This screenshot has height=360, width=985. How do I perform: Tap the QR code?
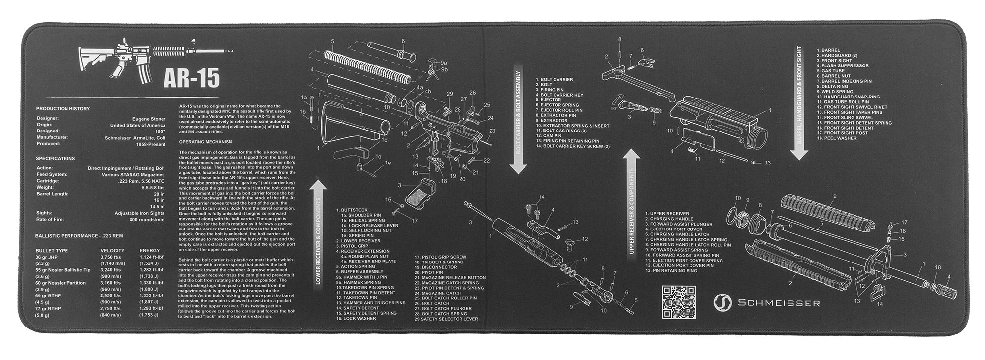tap(679, 301)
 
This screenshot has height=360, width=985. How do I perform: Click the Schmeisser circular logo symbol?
tap(722, 302)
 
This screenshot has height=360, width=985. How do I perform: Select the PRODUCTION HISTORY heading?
tap(63, 108)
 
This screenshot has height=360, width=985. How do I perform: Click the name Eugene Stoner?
tap(149, 119)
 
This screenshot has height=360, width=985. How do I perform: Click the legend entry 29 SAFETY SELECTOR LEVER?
tap(446, 319)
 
